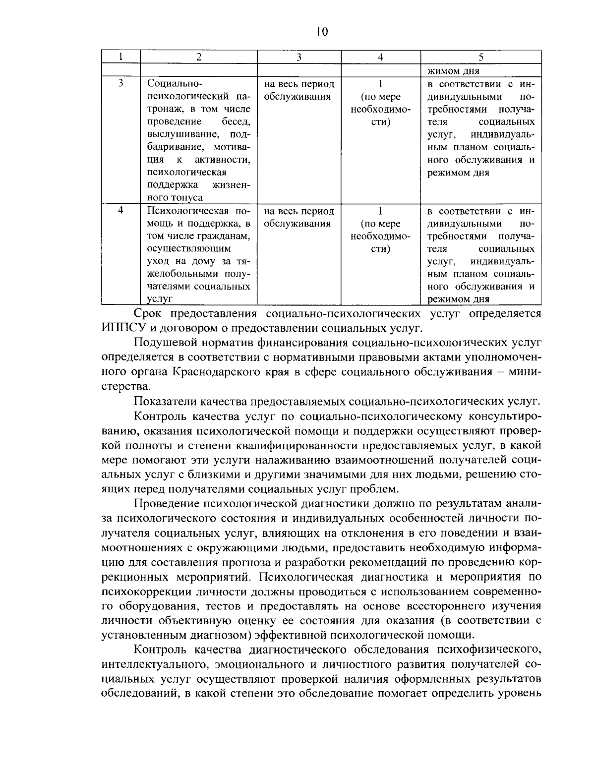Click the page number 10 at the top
click(x=321, y=32)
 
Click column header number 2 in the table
click(x=198, y=57)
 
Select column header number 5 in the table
click(x=480, y=57)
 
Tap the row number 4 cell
click(x=120, y=210)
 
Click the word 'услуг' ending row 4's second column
click(x=160, y=299)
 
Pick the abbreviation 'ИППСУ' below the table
click(x=121, y=328)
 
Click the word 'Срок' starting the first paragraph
click(x=148, y=313)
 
